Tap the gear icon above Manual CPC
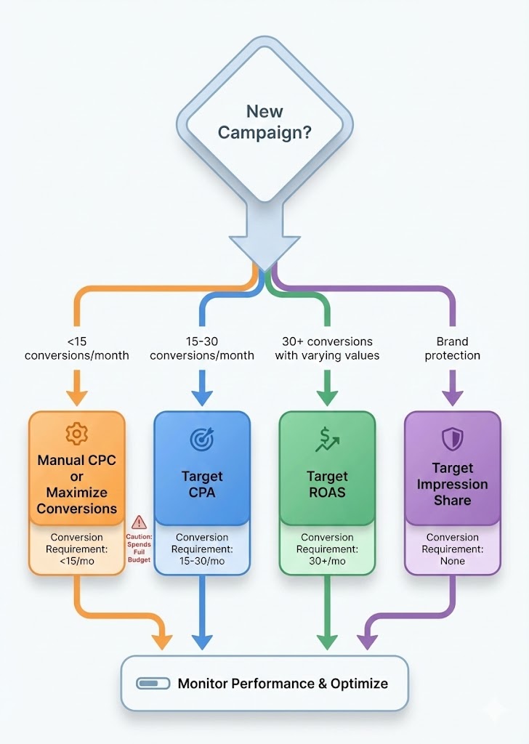pyautogui.click(x=76, y=434)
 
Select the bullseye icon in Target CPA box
pyautogui.click(x=201, y=438)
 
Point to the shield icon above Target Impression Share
pyautogui.click(x=451, y=437)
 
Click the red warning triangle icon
pyautogui.click(x=139, y=522)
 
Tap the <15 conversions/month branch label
pyautogui.click(x=76, y=349)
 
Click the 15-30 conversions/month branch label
pyautogui.click(x=201, y=349)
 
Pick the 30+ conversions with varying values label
pyautogui.click(x=327, y=349)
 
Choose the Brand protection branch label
pyautogui.click(x=453, y=349)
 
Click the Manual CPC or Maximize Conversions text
pyautogui.click(x=76, y=485)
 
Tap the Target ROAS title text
pyautogui.click(x=327, y=485)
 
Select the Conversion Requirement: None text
pyautogui.click(x=453, y=549)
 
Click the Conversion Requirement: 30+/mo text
pyautogui.click(x=327, y=549)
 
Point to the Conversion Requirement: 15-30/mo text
pyautogui.click(x=202, y=549)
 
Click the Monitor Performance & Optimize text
pyautogui.click(x=283, y=684)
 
